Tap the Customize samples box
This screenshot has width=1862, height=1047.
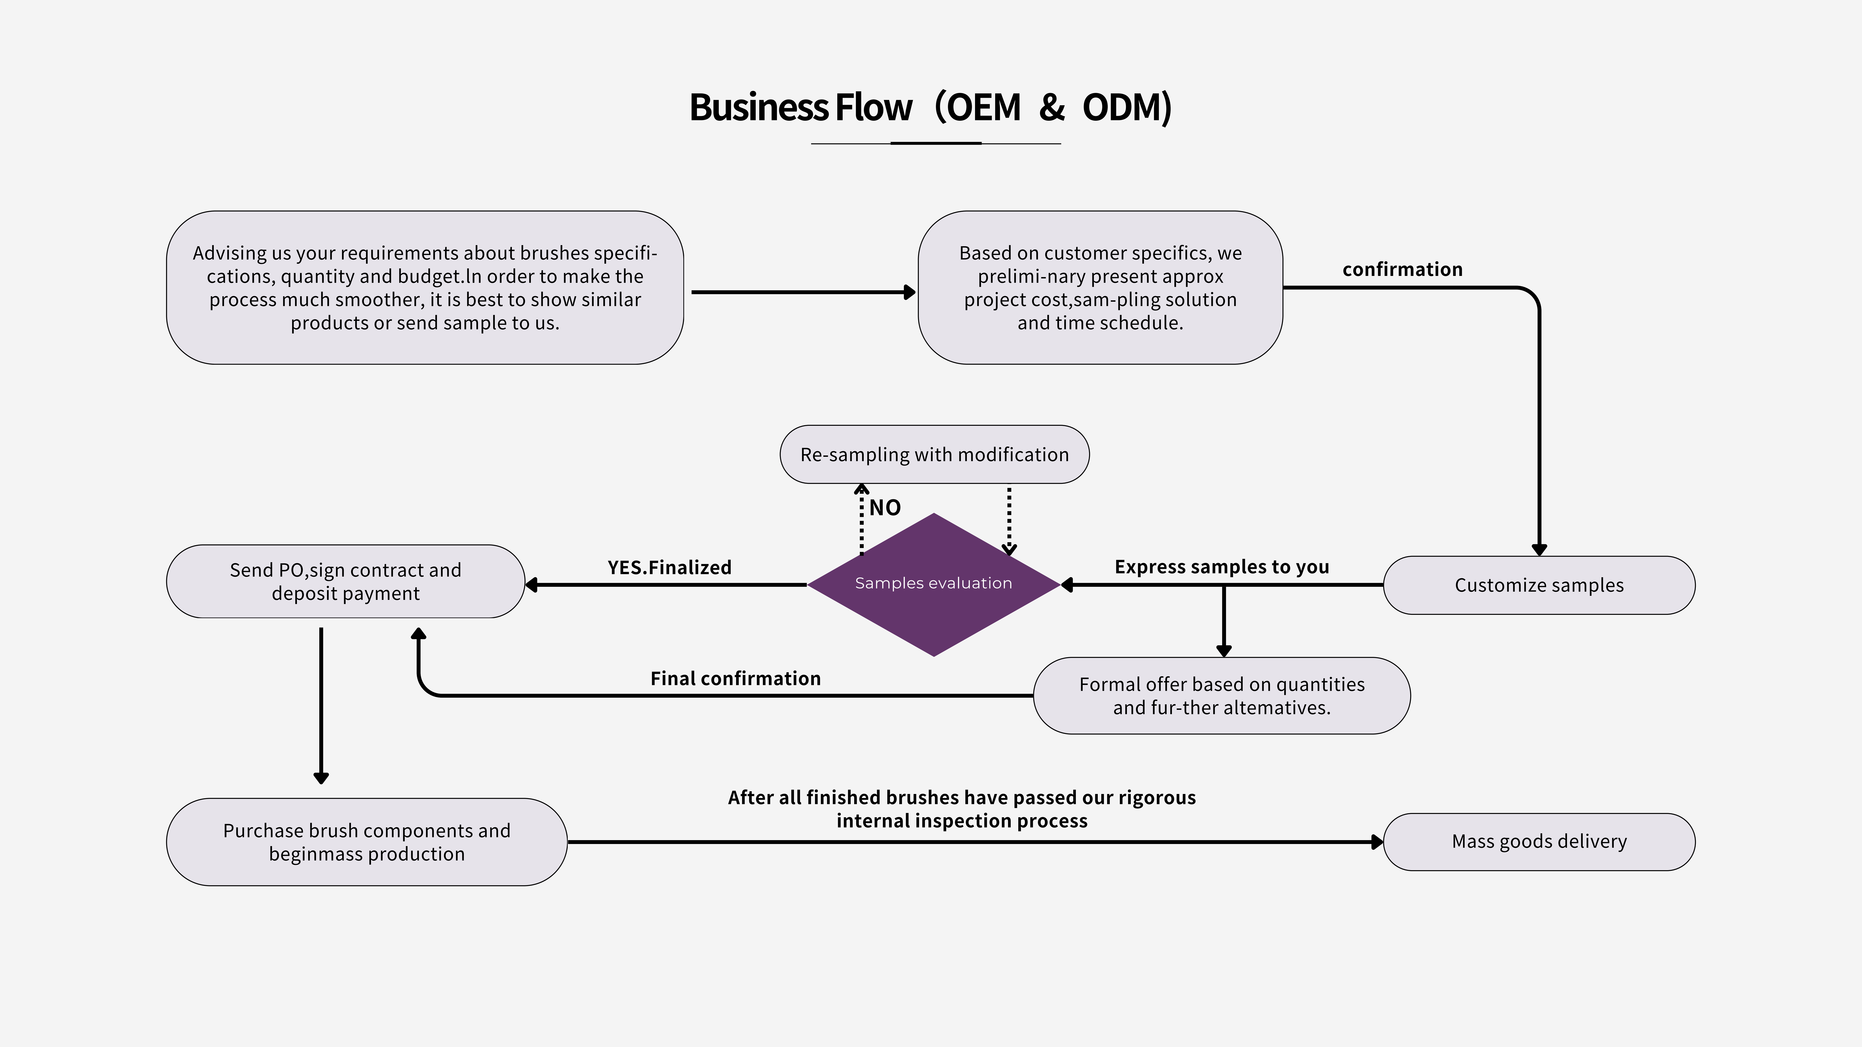tap(1539, 585)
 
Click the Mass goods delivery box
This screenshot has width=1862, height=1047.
tap(1539, 842)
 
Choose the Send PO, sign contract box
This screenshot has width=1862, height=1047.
tap(345, 582)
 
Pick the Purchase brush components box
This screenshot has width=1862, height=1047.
tap(366, 842)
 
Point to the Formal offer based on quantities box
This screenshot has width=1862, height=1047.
tap(1222, 696)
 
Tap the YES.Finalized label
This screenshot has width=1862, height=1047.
tap(669, 567)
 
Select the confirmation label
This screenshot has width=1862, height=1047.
tap(1402, 270)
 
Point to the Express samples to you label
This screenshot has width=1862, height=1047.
tap(1222, 567)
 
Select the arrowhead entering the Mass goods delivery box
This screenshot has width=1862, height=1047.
tap(1377, 842)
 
